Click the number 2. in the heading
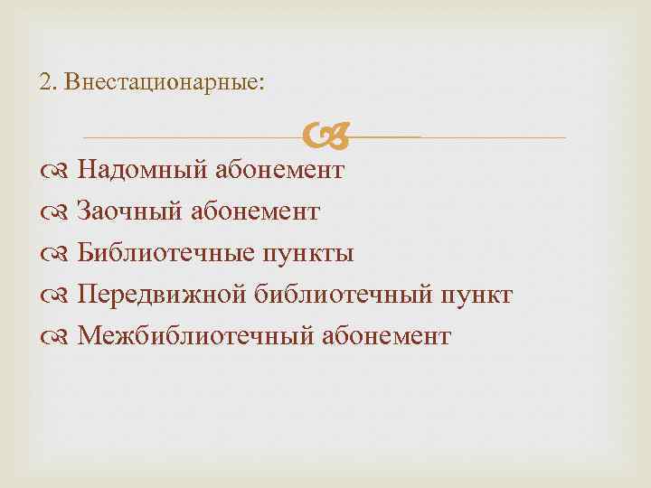pos(48,82)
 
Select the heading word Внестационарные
pos(156,82)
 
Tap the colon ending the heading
pos(262,83)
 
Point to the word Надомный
pos(142,170)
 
